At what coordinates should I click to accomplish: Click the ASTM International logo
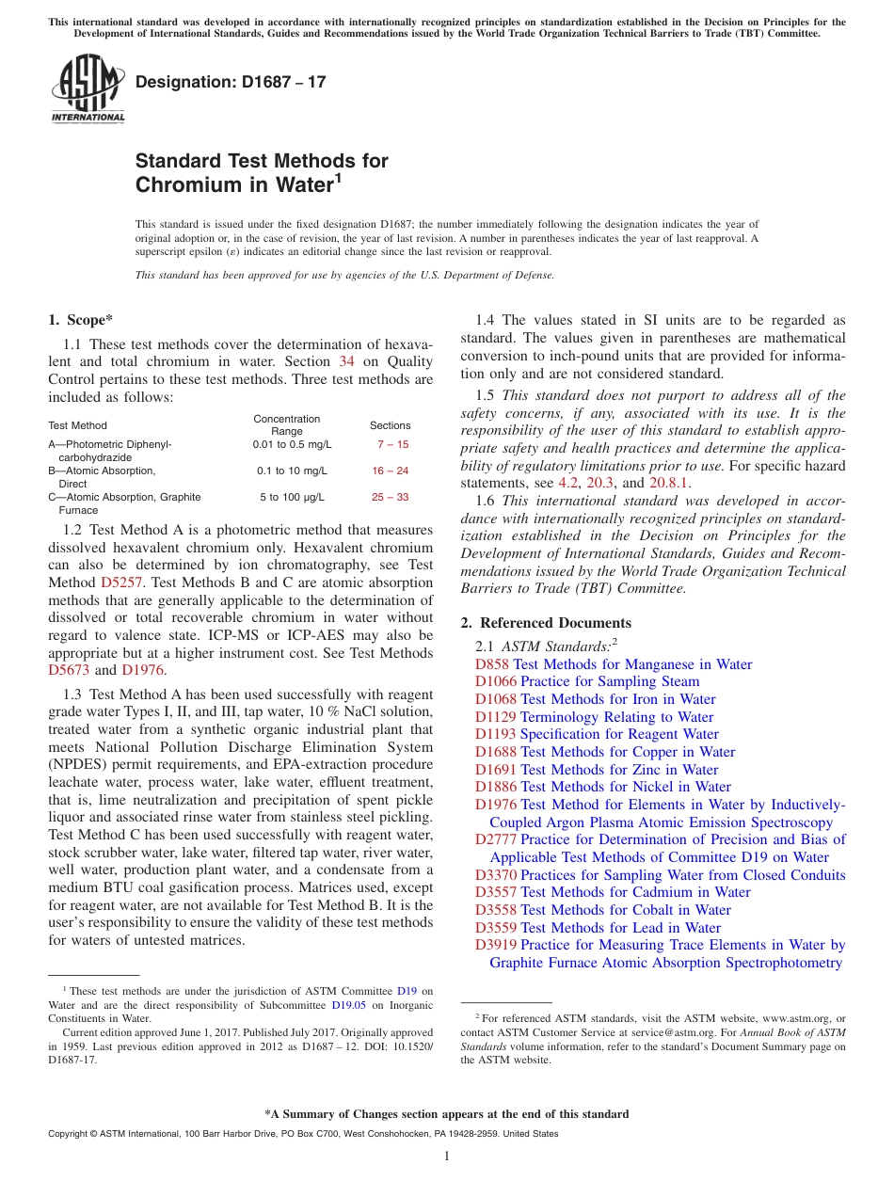[88, 89]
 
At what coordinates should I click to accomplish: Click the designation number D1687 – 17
[231, 82]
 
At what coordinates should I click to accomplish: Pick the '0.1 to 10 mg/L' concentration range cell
[292, 471]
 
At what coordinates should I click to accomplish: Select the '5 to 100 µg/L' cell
[292, 497]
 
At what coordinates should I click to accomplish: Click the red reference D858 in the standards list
[492, 664]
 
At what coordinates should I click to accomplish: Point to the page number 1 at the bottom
[447, 1156]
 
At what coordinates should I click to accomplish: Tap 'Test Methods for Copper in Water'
[628, 752]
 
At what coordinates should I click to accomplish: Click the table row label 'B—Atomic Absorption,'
[102, 471]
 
